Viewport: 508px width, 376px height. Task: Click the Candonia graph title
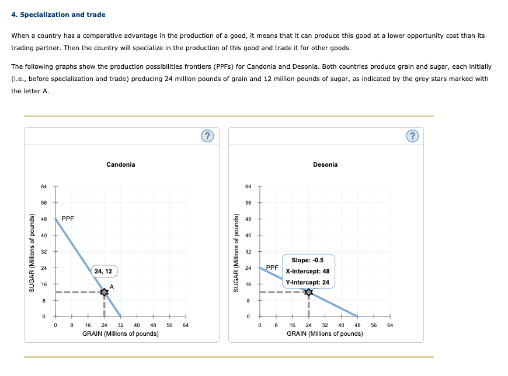click(x=121, y=164)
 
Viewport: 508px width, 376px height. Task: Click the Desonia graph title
click(x=325, y=164)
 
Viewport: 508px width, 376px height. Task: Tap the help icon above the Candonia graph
click(x=207, y=136)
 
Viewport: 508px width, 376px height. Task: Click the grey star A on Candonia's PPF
click(x=104, y=291)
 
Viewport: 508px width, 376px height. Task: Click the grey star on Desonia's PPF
click(x=308, y=291)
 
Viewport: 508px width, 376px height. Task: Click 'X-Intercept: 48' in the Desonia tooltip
click(x=308, y=271)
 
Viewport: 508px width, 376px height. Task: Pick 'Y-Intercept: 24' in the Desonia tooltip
click(x=308, y=282)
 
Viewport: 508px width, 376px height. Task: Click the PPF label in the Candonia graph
click(x=68, y=219)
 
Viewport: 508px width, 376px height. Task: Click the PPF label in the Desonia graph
click(x=272, y=268)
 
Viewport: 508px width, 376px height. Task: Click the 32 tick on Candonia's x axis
click(x=120, y=325)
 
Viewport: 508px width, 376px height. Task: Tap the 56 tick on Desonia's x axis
click(x=374, y=325)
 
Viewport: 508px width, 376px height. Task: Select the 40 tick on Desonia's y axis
click(x=248, y=235)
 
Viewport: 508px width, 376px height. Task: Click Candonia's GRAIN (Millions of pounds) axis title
click(x=120, y=333)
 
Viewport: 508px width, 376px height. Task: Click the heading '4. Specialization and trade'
click(x=58, y=14)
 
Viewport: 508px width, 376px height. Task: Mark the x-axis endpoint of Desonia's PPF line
click(x=357, y=316)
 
